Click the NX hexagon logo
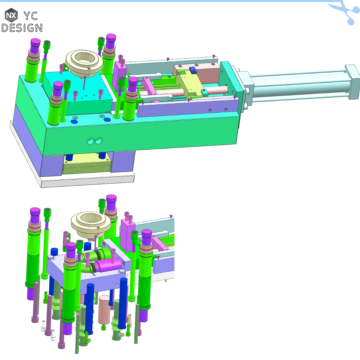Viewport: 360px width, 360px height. tap(11, 15)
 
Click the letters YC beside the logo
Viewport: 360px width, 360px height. tap(32, 15)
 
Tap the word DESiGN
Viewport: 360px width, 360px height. tap(22, 27)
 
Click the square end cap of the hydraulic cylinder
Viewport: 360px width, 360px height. tap(353, 76)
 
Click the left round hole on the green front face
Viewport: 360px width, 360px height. tap(90, 142)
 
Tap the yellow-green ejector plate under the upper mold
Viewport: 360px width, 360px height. tap(86, 165)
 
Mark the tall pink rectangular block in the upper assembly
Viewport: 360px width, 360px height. tap(119, 75)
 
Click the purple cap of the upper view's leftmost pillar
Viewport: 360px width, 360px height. tap(35, 43)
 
